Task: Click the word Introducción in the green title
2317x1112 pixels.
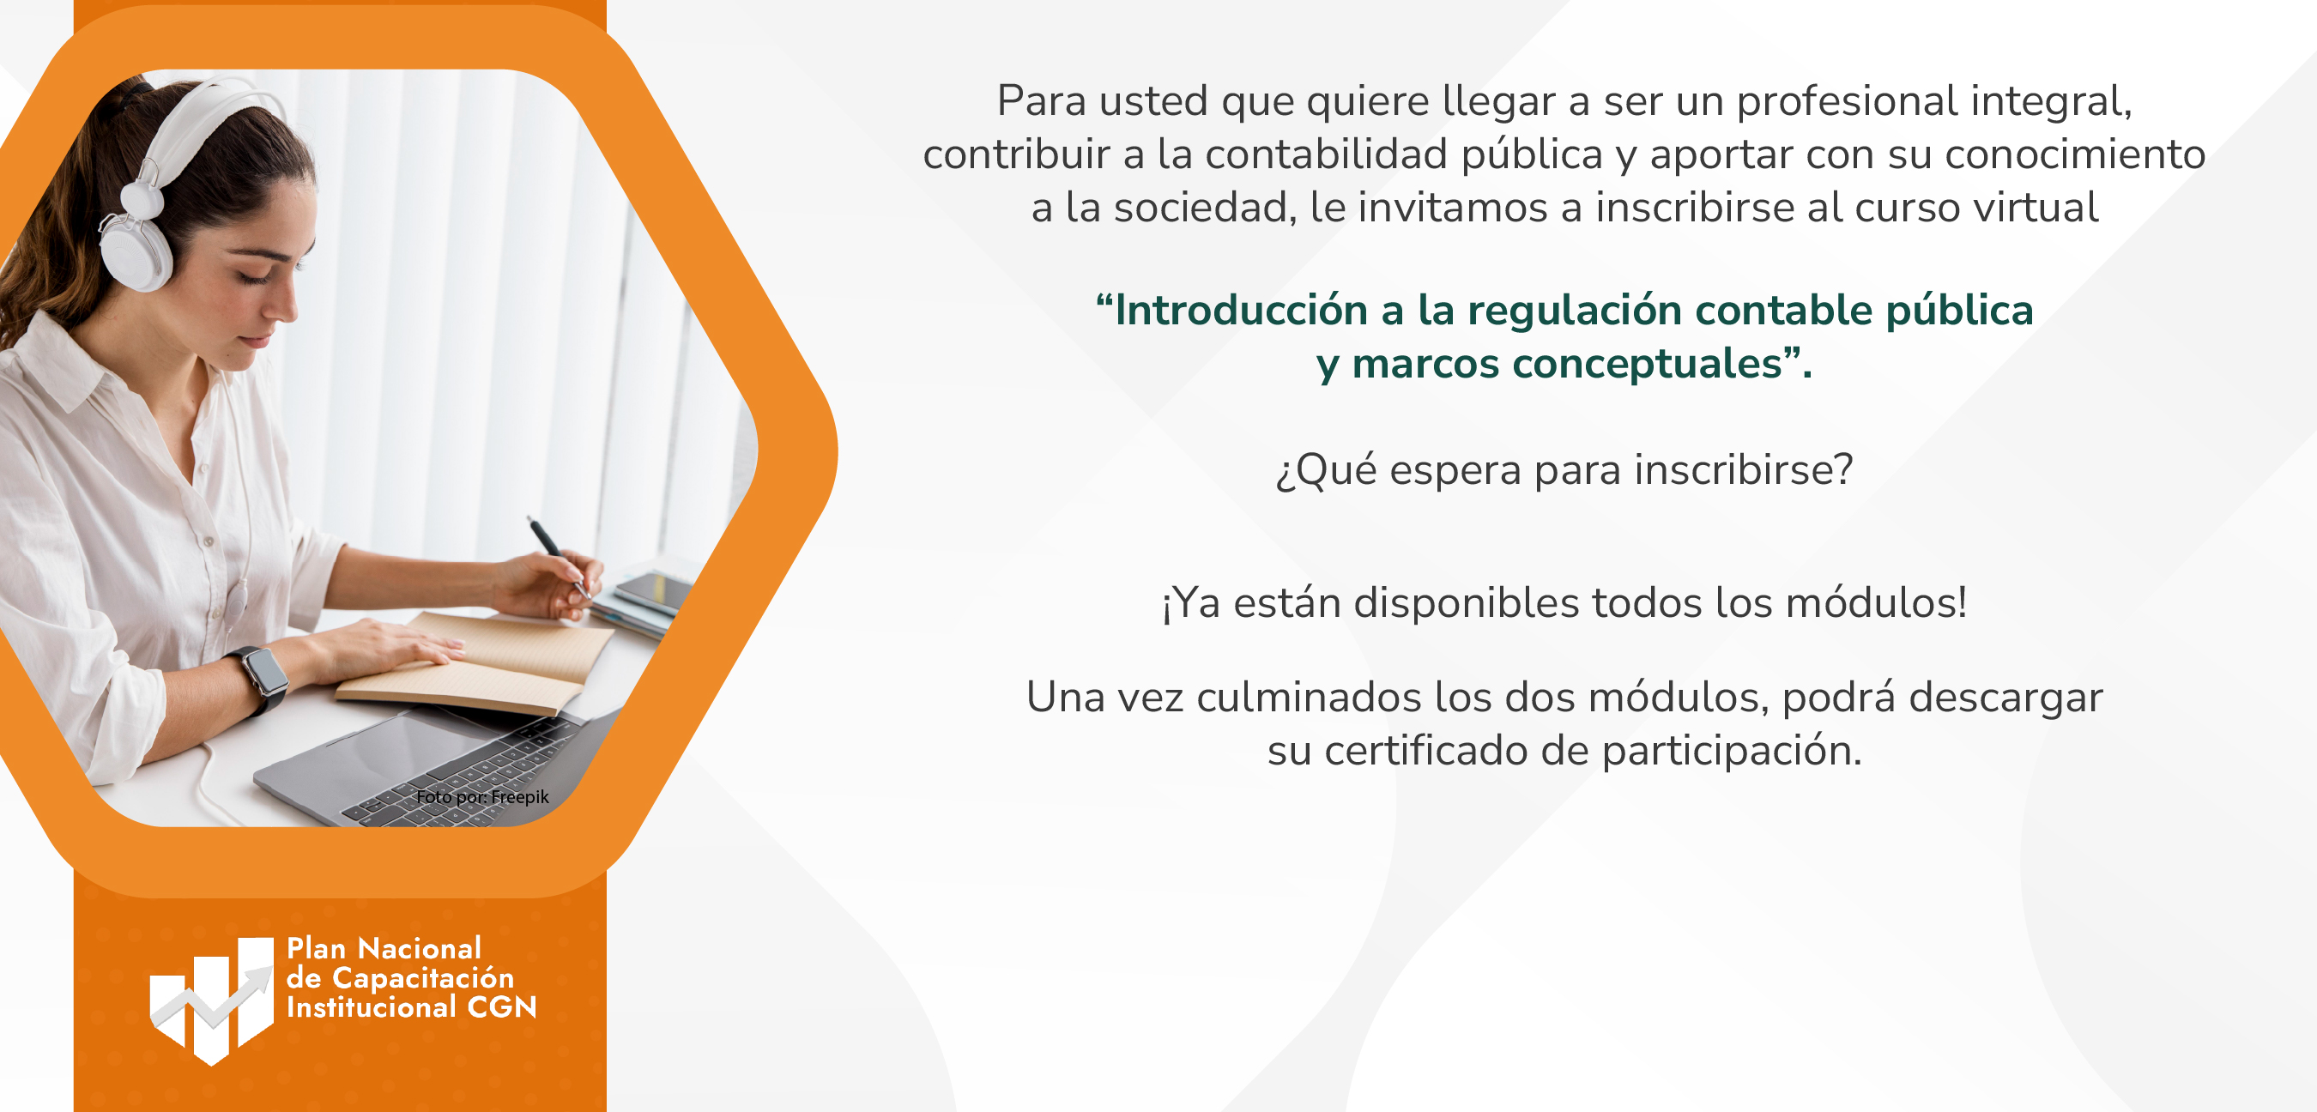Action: [1241, 310]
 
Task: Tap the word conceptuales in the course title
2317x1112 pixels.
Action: [1647, 365]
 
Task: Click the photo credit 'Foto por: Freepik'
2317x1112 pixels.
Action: [482, 796]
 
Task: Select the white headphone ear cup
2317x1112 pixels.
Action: [135, 252]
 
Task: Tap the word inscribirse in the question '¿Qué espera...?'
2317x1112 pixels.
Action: [1743, 469]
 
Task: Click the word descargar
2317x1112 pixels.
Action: [2005, 698]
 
